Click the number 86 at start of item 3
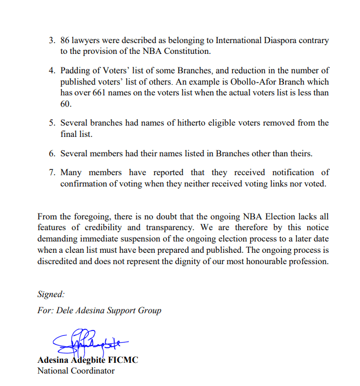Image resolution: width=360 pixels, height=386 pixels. [x=66, y=40]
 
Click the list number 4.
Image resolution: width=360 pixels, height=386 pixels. [x=52, y=71]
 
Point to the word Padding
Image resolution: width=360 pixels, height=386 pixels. [x=76, y=71]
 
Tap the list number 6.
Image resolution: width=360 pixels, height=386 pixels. [x=52, y=153]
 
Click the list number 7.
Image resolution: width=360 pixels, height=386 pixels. [x=52, y=173]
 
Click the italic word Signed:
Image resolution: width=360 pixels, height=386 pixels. [x=51, y=294]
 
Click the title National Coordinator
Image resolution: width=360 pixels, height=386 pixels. [x=75, y=370]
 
